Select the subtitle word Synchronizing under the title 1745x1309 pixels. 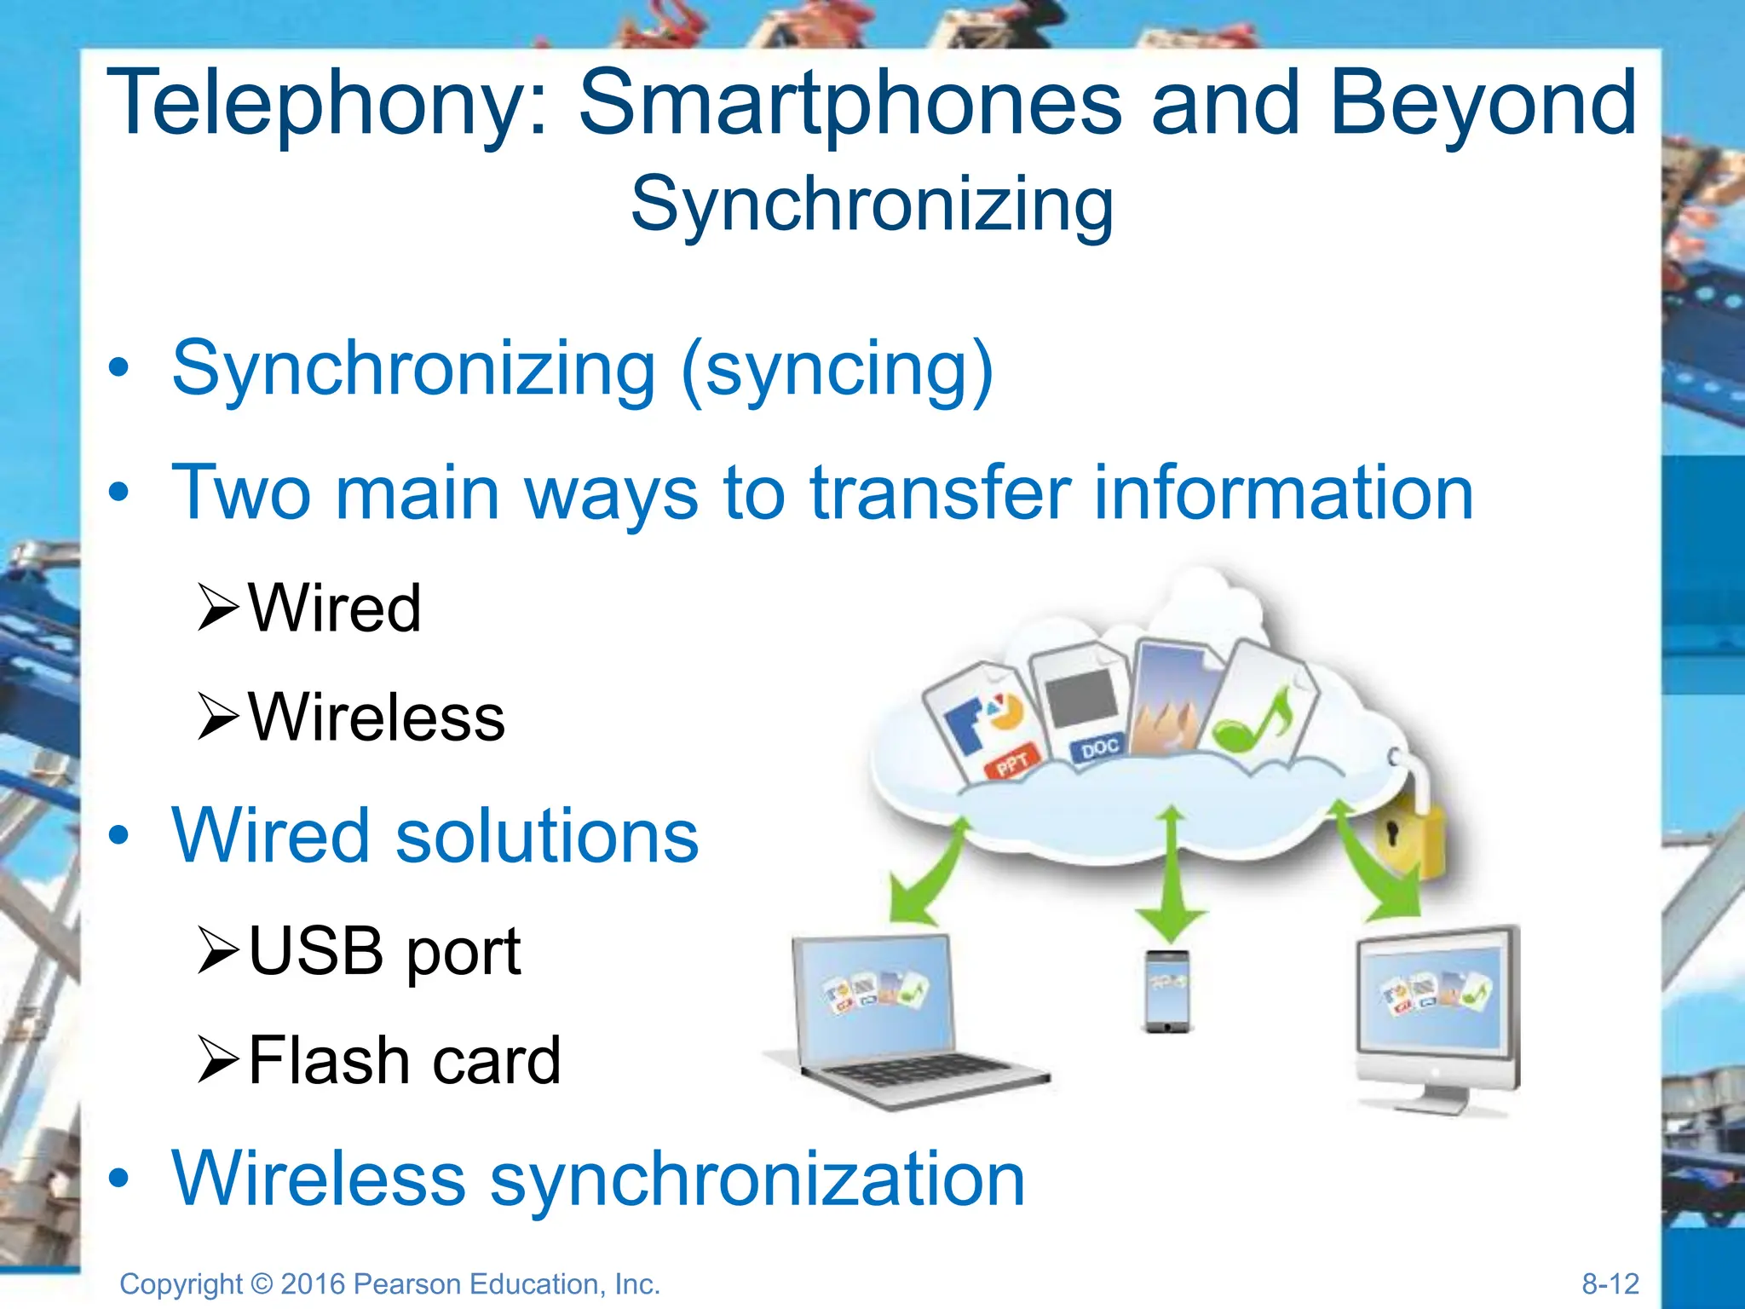pyautogui.click(x=872, y=205)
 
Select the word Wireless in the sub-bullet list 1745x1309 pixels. pyautogui.click(x=377, y=718)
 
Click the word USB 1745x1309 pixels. pyautogui.click(x=316, y=951)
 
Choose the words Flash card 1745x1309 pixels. pyautogui.click(x=404, y=1061)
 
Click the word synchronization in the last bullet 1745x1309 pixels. pyautogui.click(x=757, y=1179)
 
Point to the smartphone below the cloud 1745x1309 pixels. pyautogui.click(x=1167, y=991)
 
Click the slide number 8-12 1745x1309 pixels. pyautogui.click(x=1610, y=1283)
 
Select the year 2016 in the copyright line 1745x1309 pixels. pyautogui.click(x=313, y=1284)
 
